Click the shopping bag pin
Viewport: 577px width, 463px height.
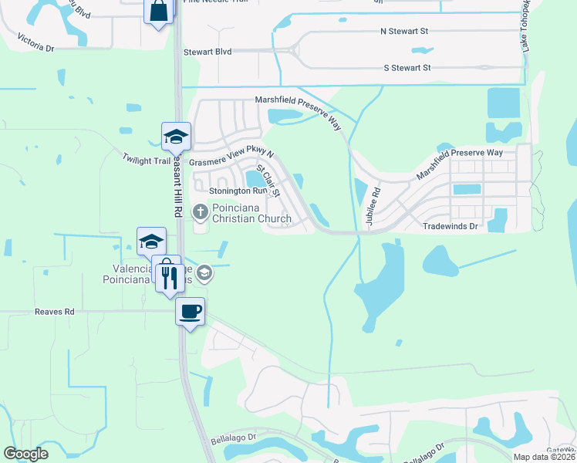click(x=159, y=11)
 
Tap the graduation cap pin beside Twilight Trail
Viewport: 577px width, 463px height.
click(x=176, y=137)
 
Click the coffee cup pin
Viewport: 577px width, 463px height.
click(x=190, y=312)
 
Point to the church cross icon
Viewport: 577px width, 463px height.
click(x=200, y=211)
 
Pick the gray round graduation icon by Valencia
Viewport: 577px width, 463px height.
click(x=204, y=272)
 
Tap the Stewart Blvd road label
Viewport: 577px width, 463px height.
click(x=208, y=52)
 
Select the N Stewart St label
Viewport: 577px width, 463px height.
click(x=404, y=32)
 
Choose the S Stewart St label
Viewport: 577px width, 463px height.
click(x=407, y=68)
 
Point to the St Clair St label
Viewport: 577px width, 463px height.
click(x=268, y=180)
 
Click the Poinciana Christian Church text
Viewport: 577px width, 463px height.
click(x=251, y=213)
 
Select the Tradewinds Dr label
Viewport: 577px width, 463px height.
click(x=451, y=227)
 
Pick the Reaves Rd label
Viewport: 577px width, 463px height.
click(x=54, y=312)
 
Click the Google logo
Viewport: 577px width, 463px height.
click(x=25, y=454)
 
